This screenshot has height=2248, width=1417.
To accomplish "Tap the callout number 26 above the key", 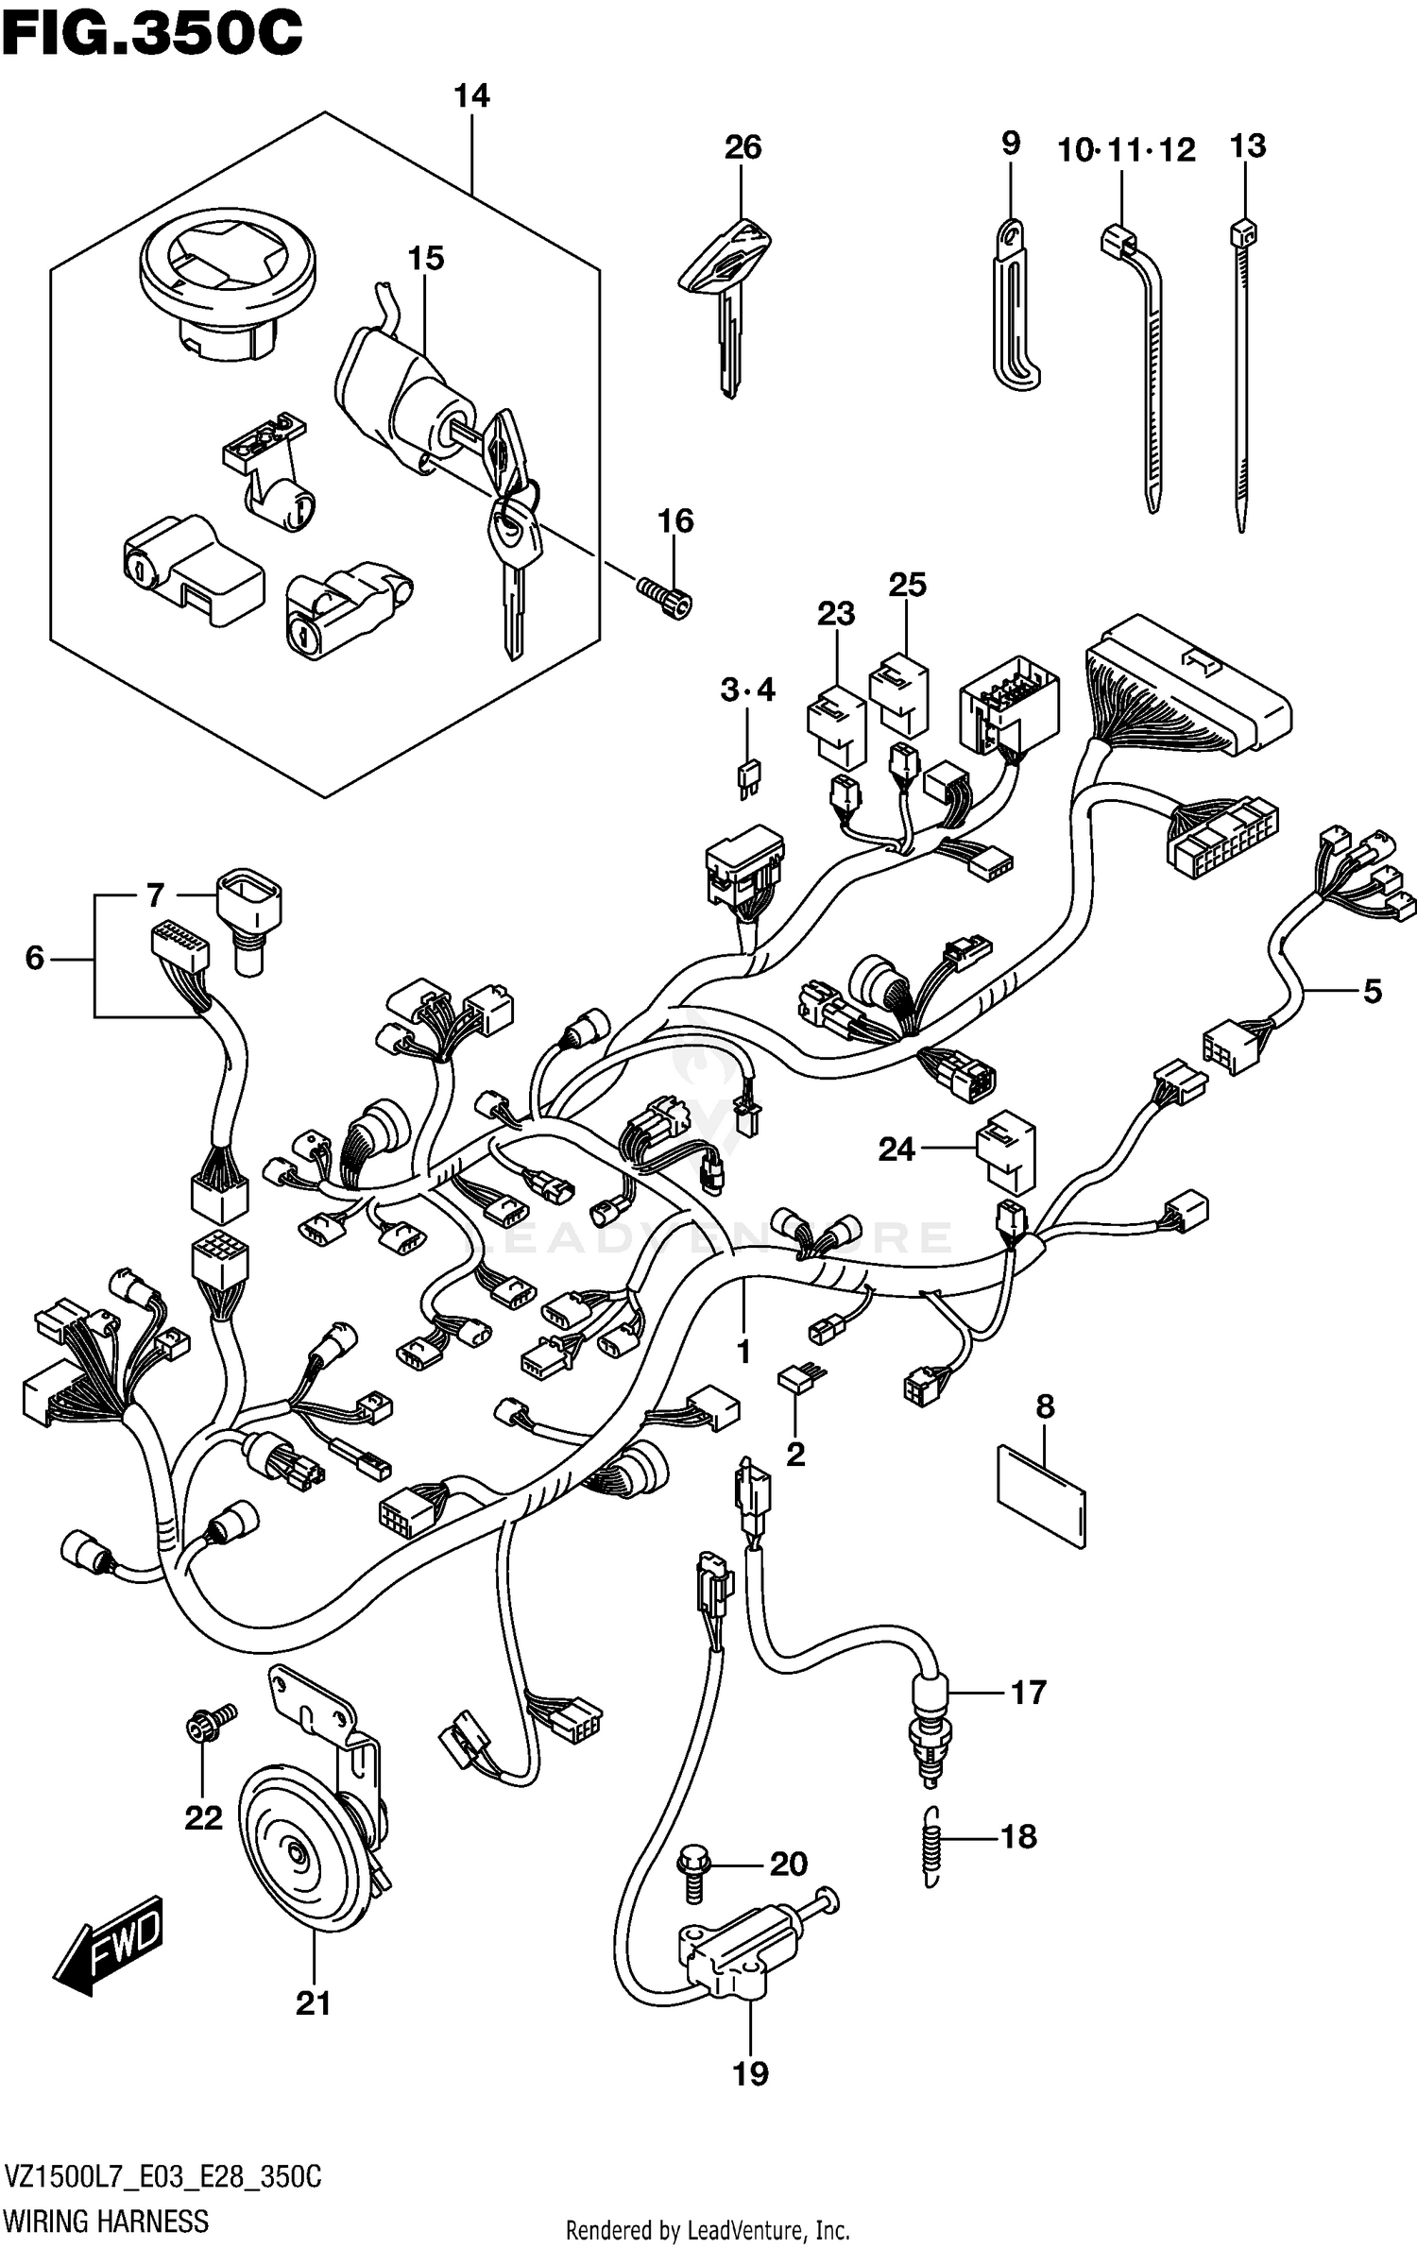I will click(x=743, y=147).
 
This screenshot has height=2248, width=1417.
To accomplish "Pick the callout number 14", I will click(x=471, y=96).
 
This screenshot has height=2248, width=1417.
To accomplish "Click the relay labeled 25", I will click(x=899, y=695).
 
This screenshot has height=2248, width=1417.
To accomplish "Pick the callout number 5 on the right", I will click(x=1372, y=991).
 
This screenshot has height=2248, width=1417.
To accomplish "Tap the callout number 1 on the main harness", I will click(x=743, y=1352).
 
